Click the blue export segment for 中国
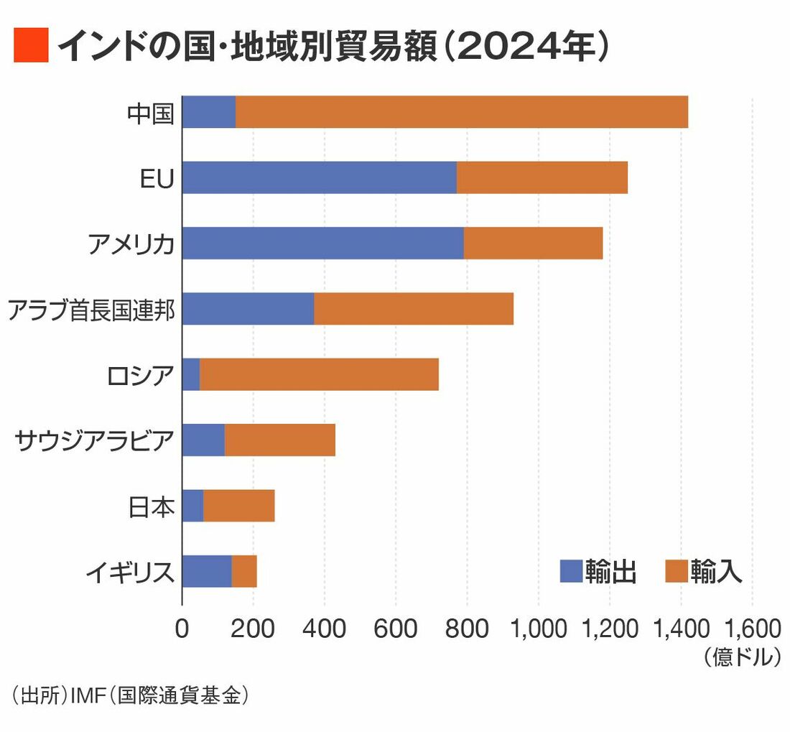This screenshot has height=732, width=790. [x=209, y=112]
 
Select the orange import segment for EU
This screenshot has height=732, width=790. [x=542, y=177]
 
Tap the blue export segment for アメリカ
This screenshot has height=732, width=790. [x=322, y=244]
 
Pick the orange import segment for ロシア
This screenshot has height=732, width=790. [x=319, y=375]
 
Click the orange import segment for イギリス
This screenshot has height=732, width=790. [x=244, y=572]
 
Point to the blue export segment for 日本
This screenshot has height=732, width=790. [x=193, y=506]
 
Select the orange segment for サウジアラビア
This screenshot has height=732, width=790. [x=280, y=440]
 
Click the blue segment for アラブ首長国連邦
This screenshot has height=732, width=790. [x=248, y=309]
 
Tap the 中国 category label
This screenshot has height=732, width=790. [x=150, y=113]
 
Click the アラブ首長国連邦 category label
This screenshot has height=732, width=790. [x=91, y=310]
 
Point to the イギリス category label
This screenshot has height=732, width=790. [x=130, y=573]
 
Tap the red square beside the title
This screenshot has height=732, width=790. [x=31, y=45]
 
